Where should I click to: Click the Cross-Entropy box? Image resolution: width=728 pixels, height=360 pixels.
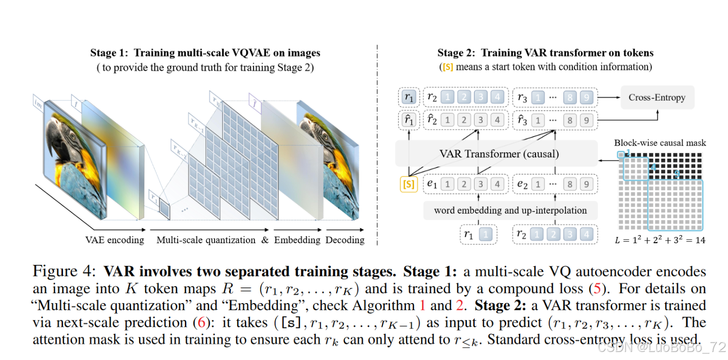point(657,97)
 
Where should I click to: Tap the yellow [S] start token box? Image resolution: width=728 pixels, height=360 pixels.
point(409,184)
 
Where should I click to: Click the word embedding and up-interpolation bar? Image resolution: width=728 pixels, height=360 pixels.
point(510,210)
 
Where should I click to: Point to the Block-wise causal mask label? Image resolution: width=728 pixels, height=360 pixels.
point(660,142)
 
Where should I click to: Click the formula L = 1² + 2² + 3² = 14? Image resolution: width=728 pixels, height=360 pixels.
point(660,240)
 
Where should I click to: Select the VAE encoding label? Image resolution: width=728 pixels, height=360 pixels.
point(114,240)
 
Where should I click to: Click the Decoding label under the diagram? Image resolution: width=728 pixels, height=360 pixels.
point(345,240)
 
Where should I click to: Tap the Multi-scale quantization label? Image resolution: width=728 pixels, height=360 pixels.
point(206,240)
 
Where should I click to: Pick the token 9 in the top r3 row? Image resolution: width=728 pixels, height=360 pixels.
point(585,97)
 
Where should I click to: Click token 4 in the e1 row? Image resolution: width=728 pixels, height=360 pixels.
point(497,184)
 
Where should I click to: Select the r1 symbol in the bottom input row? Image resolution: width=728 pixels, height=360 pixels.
point(469,234)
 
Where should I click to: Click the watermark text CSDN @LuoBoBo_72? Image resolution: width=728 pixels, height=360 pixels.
point(660,347)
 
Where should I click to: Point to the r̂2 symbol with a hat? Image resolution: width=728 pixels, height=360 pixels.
point(432,120)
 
